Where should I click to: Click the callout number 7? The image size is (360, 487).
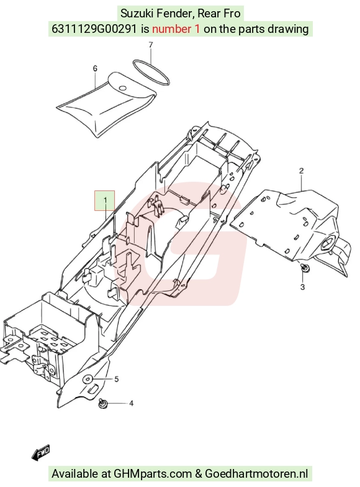click(x=151, y=45)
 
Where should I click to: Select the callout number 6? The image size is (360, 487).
click(x=95, y=68)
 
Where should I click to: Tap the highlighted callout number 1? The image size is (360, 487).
click(x=105, y=200)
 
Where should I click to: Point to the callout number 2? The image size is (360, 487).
click(x=301, y=171)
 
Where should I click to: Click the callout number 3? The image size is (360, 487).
click(x=302, y=287)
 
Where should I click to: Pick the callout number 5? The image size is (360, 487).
click(x=117, y=379)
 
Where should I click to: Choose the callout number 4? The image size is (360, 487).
click(x=131, y=403)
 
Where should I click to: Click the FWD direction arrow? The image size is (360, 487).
click(x=41, y=453)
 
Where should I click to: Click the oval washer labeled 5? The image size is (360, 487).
click(x=88, y=379)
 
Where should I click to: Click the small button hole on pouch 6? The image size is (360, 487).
click(x=123, y=88)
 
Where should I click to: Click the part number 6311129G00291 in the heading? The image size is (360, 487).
click(x=94, y=29)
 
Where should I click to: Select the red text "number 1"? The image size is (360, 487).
click(x=176, y=29)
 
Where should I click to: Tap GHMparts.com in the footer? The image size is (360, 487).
click(x=153, y=473)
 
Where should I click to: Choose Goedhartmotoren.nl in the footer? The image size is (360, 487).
click(x=256, y=473)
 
